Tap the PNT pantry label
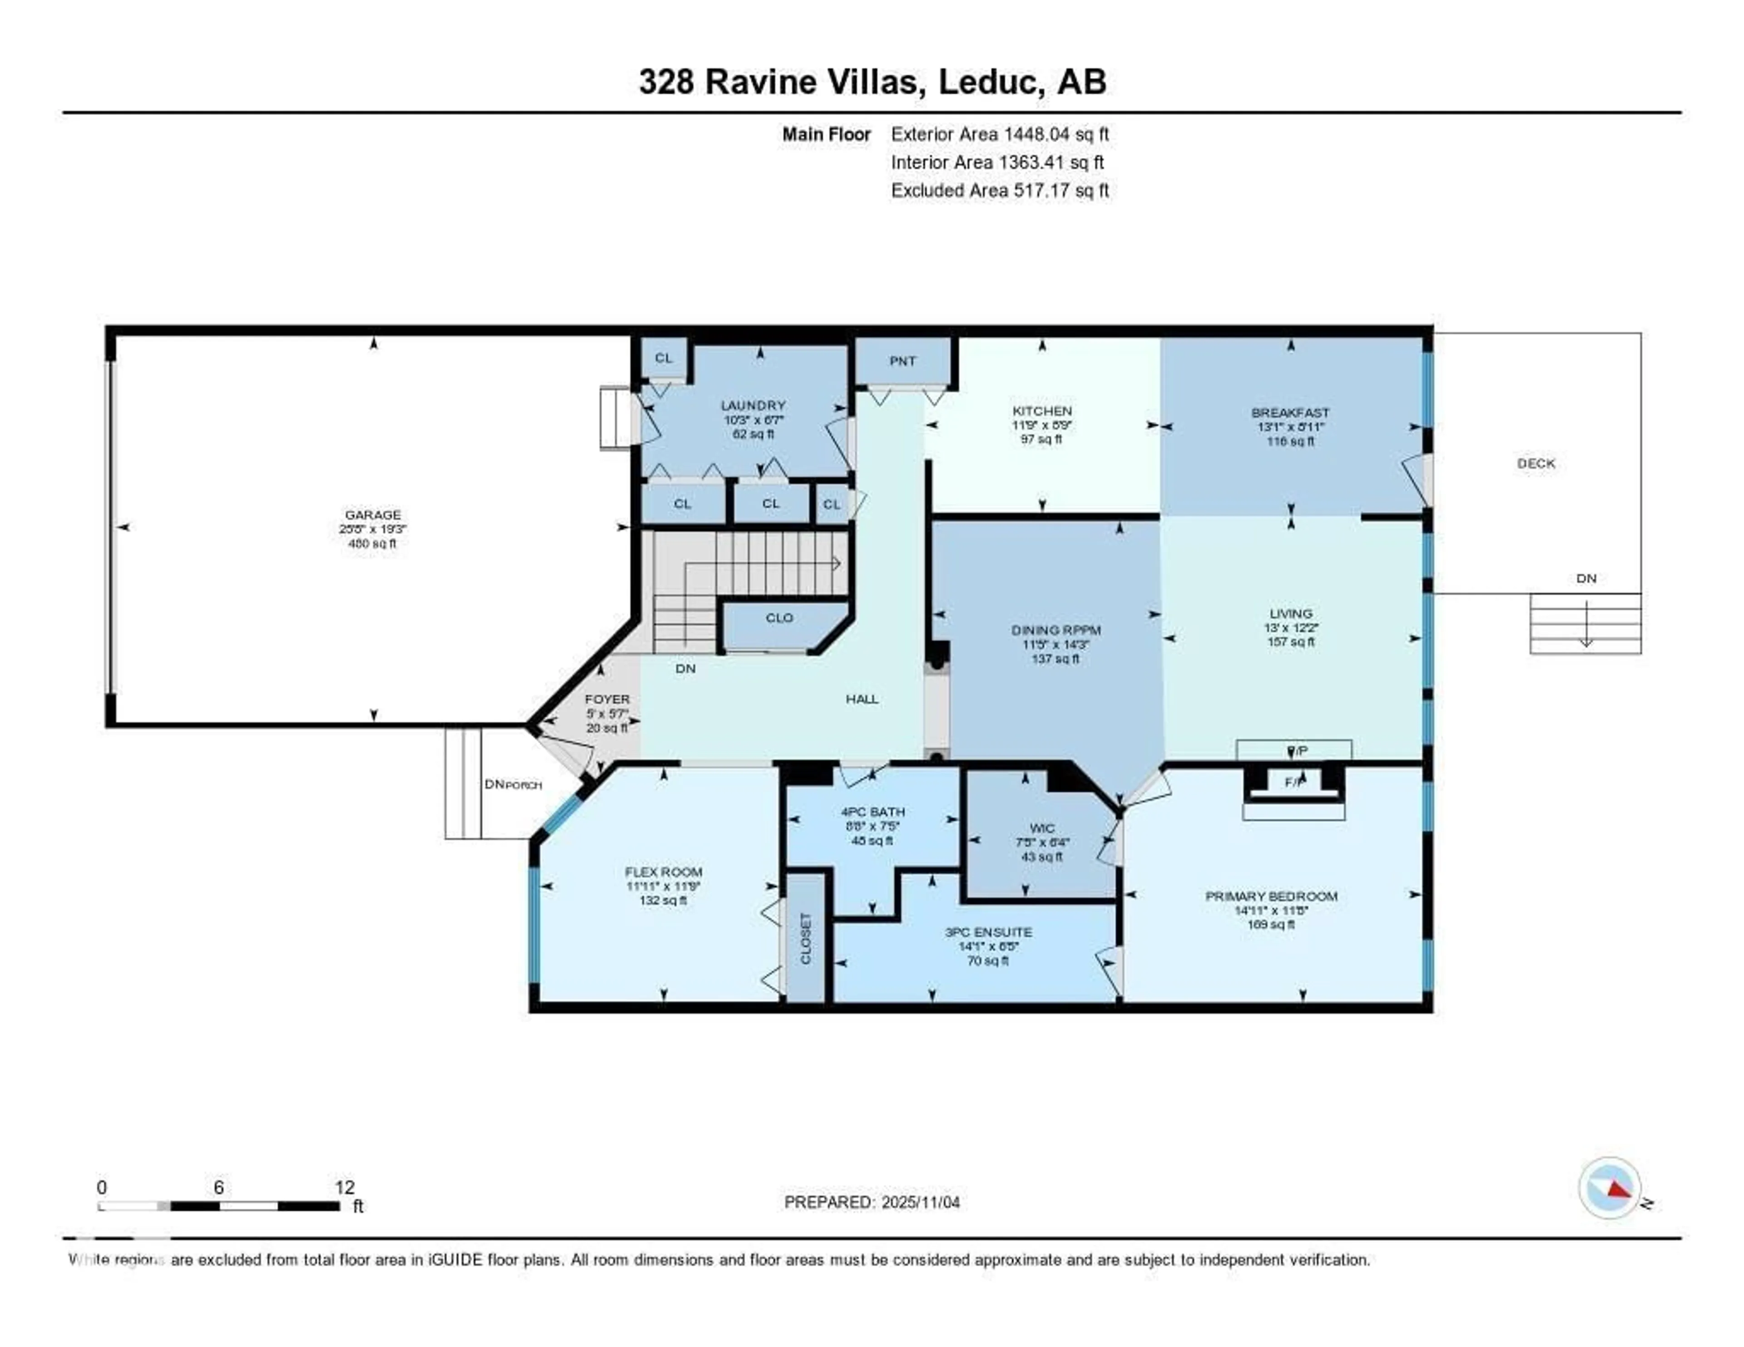pos(902,361)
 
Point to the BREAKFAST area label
pos(1290,413)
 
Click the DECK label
pos(1536,463)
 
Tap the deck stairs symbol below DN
pos(1585,624)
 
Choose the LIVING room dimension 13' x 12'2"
pos(1290,628)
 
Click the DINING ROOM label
pos(1055,630)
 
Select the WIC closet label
pos(1042,828)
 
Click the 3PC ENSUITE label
pos(988,932)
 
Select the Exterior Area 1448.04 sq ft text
pos(1000,134)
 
